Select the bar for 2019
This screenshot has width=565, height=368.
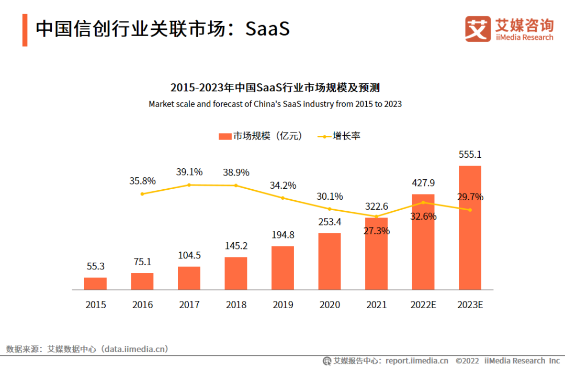(282, 268)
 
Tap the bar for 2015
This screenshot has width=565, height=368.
(95, 284)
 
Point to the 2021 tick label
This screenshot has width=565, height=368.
(376, 305)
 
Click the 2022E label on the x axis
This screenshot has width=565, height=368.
(423, 305)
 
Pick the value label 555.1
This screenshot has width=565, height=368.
(470, 155)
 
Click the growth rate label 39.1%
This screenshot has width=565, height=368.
(189, 172)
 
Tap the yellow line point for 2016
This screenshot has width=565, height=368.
(142, 194)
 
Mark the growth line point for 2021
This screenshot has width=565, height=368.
(376, 216)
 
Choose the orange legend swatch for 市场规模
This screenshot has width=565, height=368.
(225, 136)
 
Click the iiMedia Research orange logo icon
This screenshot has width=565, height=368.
(478, 29)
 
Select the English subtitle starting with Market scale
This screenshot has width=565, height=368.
(275, 104)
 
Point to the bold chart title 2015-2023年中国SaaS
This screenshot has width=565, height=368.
(275, 87)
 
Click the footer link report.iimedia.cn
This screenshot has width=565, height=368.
(417, 361)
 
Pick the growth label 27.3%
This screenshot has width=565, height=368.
(376, 231)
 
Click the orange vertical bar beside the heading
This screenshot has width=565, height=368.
(25, 30)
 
